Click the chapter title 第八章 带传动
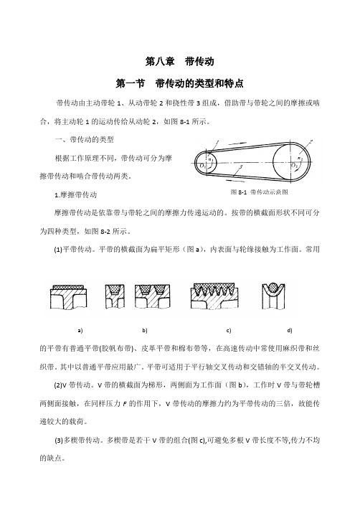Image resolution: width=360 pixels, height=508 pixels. (179, 61)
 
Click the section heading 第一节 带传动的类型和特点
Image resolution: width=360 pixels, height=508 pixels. (179, 83)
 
